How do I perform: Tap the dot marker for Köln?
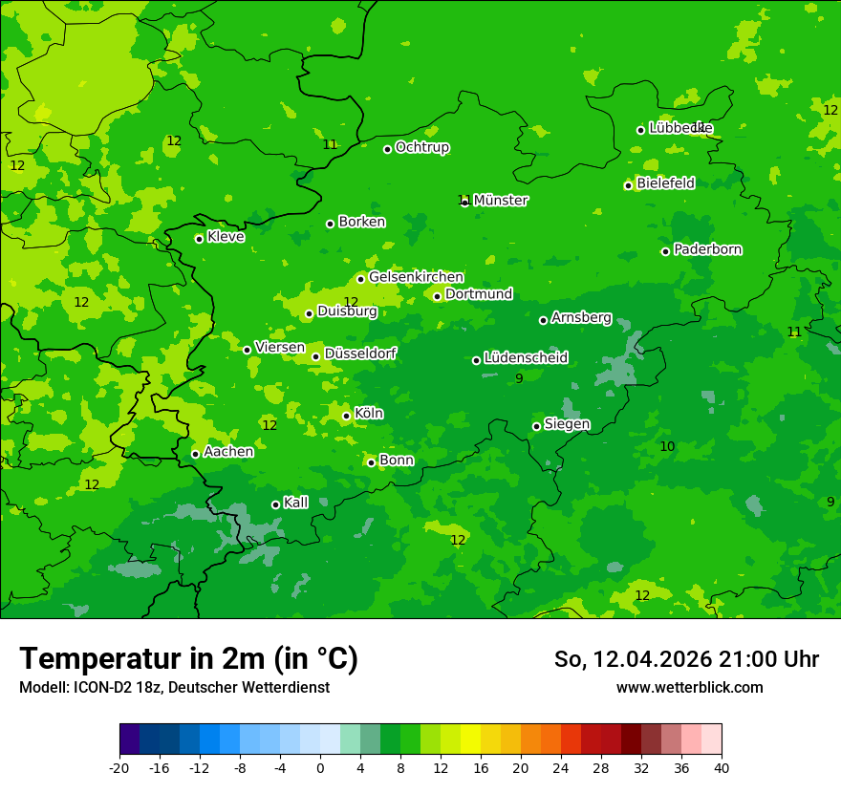click(346, 416)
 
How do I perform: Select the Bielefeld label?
click(665, 183)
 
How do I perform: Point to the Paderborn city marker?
click(665, 251)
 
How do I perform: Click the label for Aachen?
click(228, 452)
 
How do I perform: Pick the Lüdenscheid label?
click(526, 358)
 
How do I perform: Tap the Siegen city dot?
click(536, 426)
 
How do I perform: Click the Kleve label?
click(226, 237)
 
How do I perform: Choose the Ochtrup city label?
click(421, 147)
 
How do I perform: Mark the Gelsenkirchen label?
click(416, 277)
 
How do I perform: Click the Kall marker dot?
click(275, 504)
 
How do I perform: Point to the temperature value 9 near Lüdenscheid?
click(519, 378)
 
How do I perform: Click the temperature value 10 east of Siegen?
click(667, 446)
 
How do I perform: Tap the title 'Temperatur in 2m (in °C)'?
click(188, 658)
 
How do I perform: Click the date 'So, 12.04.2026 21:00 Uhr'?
click(686, 659)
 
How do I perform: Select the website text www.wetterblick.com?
click(689, 687)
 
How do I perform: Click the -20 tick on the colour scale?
click(119, 767)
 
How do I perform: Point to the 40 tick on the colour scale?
click(722, 767)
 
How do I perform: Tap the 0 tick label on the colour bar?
click(320, 767)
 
